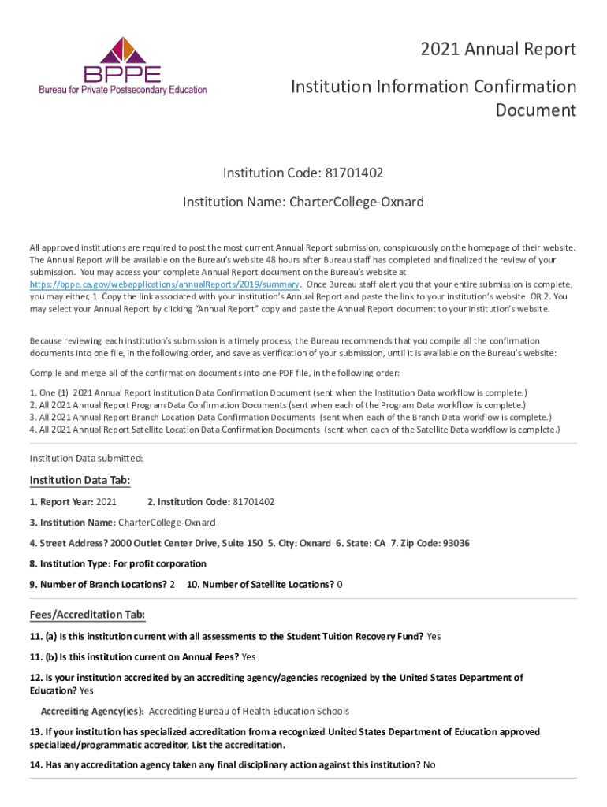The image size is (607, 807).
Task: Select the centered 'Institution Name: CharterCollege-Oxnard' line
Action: (303, 202)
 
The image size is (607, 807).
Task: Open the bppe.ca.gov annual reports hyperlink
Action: (165, 284)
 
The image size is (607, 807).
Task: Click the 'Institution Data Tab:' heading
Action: (80, 480)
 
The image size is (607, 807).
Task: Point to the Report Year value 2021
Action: (106, 502)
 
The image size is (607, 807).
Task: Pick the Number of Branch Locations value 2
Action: (173, 584)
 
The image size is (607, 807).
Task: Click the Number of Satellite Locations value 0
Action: (340, 584)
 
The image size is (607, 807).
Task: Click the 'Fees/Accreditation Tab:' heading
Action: (87, 615)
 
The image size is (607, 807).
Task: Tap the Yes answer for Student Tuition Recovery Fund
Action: (434, 636)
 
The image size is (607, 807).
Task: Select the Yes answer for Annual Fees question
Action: (249, 656)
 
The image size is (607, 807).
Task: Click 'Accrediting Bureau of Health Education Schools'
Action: (249, 711)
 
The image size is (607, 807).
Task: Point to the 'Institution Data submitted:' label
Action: (86, 458)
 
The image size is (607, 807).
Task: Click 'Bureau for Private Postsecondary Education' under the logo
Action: (123, 90)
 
